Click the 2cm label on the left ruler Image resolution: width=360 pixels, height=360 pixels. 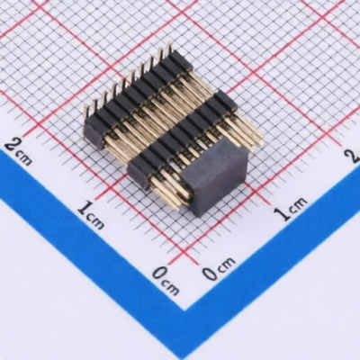(x=19, y=152)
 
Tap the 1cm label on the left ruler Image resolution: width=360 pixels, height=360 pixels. (x=91, y=214)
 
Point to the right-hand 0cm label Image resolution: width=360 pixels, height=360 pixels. (x=218, y=268)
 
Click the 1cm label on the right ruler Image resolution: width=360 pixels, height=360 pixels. (x=291, y=208)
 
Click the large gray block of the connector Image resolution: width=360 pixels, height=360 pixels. (x=215, y=176)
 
